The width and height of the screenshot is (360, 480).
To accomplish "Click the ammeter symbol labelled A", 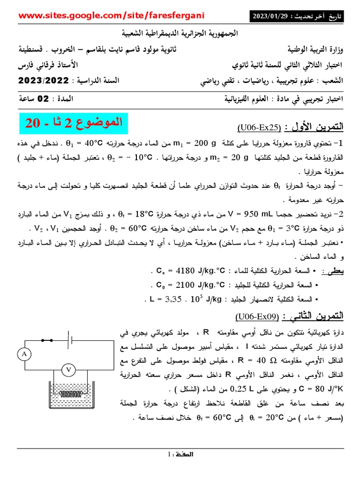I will (24, 355).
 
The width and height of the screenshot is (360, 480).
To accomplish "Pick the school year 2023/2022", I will (43, 81).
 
